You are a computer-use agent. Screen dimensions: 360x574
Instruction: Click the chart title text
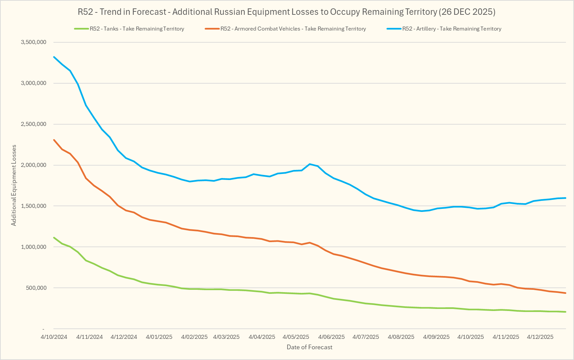(286, 12)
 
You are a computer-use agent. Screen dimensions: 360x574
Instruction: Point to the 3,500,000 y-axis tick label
(34, 42)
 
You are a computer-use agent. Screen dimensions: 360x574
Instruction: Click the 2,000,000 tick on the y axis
(34, 165)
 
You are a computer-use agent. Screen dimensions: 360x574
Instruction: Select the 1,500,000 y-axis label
(34, 206)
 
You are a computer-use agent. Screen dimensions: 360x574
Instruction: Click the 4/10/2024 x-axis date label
(54, 337)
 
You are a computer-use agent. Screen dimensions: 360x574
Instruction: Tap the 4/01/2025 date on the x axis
(159, 337)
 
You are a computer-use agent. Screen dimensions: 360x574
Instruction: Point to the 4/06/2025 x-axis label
(331, 337)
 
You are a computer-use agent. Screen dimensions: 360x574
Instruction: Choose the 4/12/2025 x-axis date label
(540, 337)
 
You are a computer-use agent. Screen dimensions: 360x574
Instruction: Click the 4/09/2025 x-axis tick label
(436, 337)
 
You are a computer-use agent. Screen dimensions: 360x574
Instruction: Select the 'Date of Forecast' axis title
(309, 347)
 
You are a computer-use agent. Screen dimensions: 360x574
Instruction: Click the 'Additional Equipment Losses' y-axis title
(14, 185)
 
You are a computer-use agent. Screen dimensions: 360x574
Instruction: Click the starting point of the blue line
(54, 57)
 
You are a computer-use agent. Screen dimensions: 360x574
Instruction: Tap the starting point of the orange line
(54, 140)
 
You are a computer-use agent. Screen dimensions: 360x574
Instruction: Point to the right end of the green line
(566, 312)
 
